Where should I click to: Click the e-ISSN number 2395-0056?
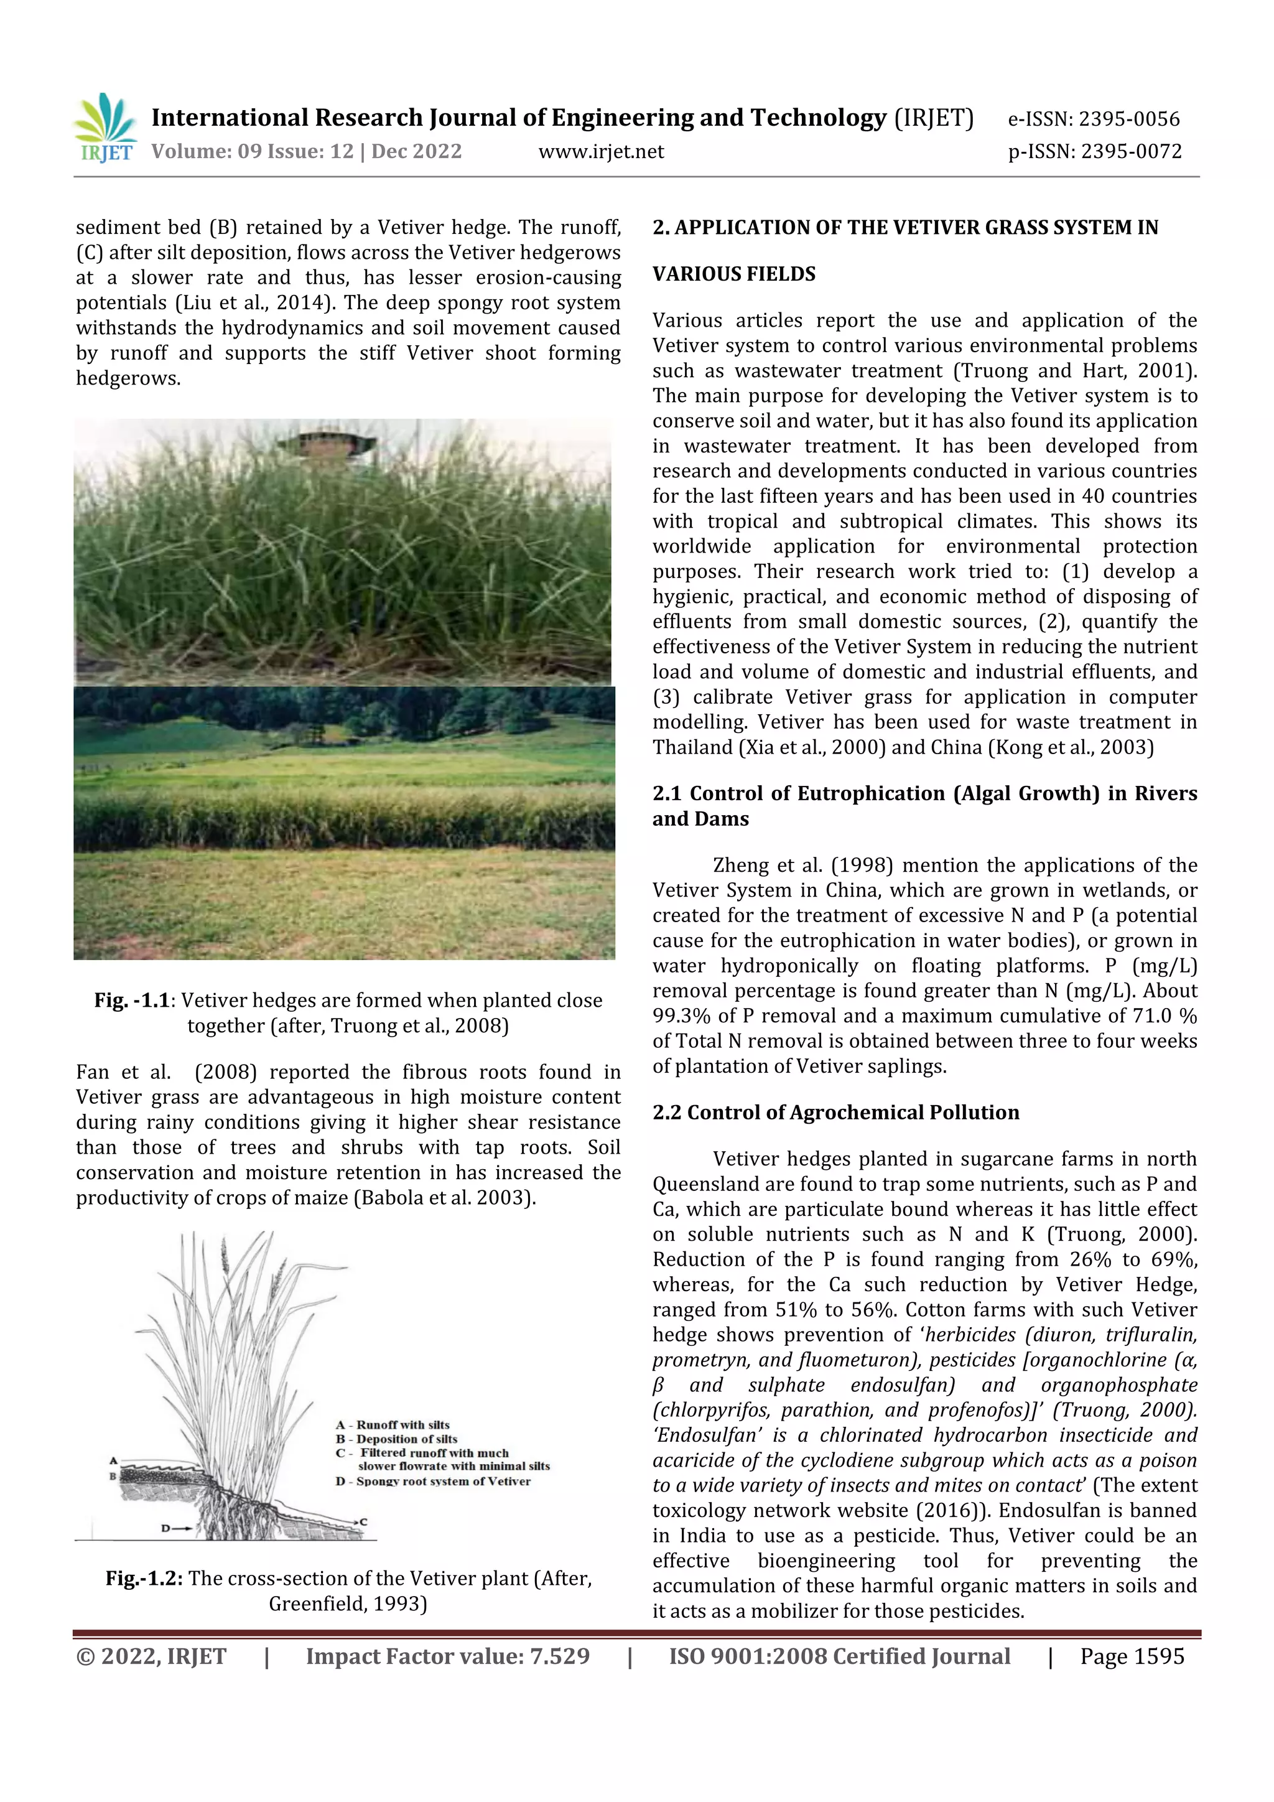click(x=1129, y=119)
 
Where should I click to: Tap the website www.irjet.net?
click(x=601, y=151)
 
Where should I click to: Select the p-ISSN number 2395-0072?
click(x=1130, y=151)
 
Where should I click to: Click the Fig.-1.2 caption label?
click(x=144, y=1577)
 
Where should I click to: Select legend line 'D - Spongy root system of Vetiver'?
click(x=433, y=1481)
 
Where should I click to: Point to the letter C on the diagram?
click(x=364, y=1522)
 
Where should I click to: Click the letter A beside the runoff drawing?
click(x=114, y=1460)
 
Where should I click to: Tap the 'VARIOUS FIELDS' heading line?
click(x=733, y=274)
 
